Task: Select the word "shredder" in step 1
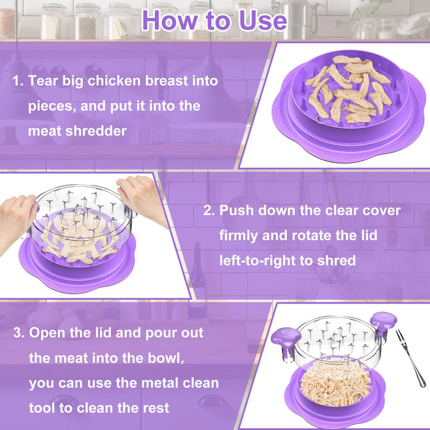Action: (108, 130)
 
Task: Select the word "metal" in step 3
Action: (159, 383)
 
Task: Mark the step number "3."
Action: (19, 333)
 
